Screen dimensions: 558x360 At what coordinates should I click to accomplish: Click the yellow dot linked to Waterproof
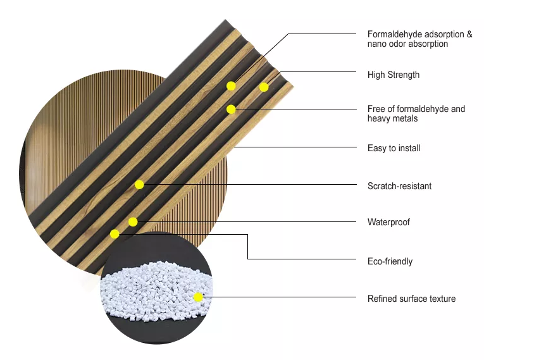click(133, 222)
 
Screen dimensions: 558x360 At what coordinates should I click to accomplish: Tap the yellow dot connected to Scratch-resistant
click(139, 185)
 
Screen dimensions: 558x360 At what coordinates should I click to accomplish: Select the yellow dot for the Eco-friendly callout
click(115, 234)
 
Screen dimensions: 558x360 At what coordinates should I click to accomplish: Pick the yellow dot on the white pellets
click(198, 297)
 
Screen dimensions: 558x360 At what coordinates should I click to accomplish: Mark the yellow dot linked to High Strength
click(264, 87)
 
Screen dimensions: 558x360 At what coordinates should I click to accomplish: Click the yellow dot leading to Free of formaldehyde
click(231, 109)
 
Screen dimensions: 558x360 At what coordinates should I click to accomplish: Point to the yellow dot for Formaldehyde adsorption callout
click(231, 86)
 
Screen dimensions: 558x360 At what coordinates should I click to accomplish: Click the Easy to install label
click(394, 148)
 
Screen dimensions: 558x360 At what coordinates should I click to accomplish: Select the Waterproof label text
click(388, 222)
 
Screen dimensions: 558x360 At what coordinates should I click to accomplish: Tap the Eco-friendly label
click(390, 261)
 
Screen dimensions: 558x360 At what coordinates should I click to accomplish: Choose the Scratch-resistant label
click(399, 185)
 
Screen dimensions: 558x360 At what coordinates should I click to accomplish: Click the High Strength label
click(394, 75)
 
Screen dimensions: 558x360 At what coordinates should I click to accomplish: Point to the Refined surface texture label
click(411, 299)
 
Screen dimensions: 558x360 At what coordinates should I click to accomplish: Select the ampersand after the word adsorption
click(469, 34)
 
